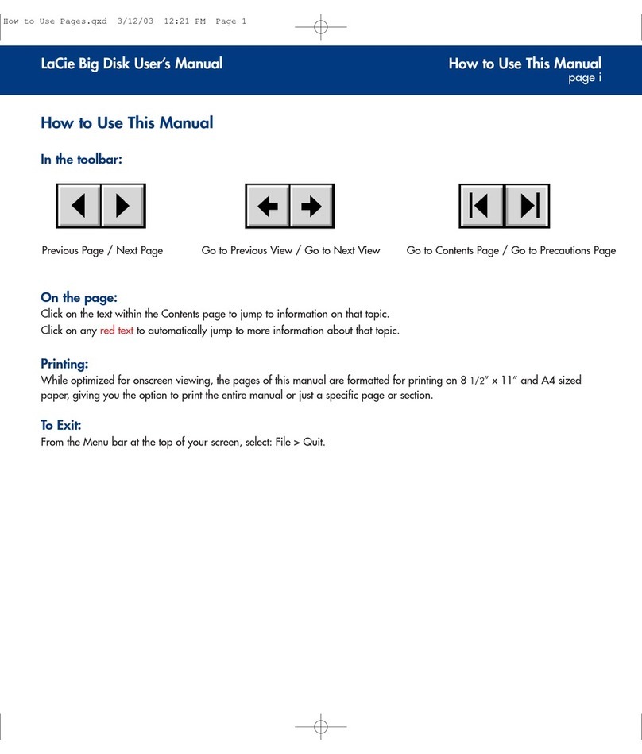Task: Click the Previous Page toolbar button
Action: [x=79, y=207]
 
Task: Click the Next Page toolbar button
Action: [x=122, y=207]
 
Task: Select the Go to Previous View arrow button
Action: [x=268, y=207]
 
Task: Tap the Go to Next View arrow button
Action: [x=311, y=207]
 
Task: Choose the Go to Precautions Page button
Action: [x=527, y=207]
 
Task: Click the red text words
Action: [x=116, y=331]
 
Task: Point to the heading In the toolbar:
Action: [x=81, y=160]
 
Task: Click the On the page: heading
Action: [x=79, y=298]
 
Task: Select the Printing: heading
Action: [x=64, y=364]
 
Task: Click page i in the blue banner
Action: [x=584, y=79]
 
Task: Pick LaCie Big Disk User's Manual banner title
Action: [x=132, y=64]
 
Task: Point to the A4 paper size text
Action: [x=548, y=381]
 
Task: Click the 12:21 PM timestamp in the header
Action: [x=184, y=21]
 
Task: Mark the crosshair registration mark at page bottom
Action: [x=321, y=726]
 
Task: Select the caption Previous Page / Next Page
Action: [x=102, y=251]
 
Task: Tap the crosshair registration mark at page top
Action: [x=321, y=27]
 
